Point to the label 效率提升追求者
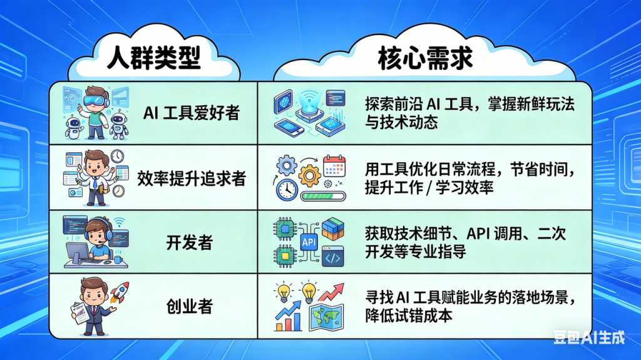192,178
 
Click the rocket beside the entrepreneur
120,292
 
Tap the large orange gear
309,175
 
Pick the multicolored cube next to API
332,229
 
